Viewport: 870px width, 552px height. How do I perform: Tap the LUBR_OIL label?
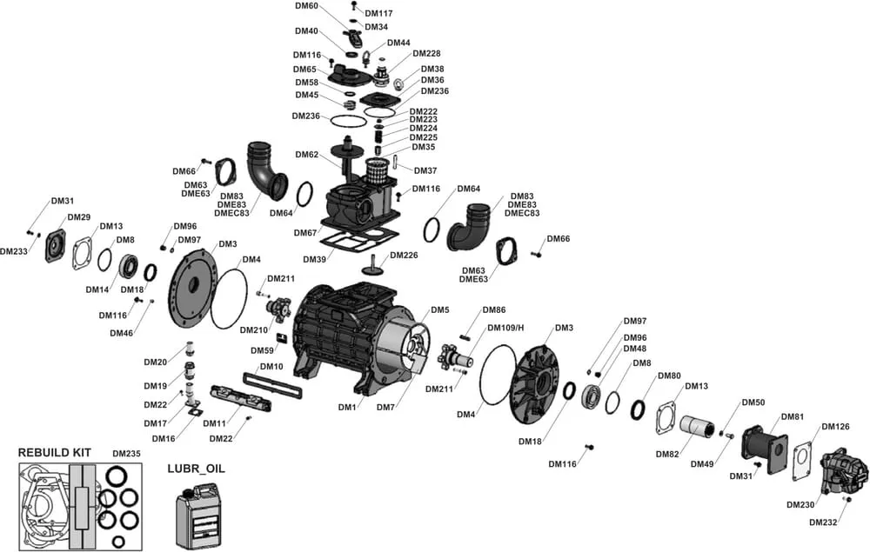196,468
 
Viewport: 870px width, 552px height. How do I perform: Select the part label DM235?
126,454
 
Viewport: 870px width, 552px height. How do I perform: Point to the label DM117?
378,13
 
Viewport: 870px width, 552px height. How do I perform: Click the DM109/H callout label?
505,328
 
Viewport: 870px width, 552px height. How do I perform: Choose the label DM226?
404,255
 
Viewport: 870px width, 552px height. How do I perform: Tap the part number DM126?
835,427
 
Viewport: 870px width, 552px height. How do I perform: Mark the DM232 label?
822,522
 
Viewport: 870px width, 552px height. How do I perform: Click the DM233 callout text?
14,251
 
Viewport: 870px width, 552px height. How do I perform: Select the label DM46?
121,333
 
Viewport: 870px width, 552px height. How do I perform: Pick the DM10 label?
271,367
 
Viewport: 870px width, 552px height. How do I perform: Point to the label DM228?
426,53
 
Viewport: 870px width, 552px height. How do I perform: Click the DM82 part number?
667,455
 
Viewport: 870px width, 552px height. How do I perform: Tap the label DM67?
304,233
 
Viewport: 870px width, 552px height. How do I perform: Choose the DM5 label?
439,310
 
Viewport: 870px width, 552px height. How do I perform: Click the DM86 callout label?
493,310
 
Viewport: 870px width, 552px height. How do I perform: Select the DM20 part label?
155,362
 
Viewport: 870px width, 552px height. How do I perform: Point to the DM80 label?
669,376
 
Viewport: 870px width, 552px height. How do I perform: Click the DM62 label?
307,155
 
